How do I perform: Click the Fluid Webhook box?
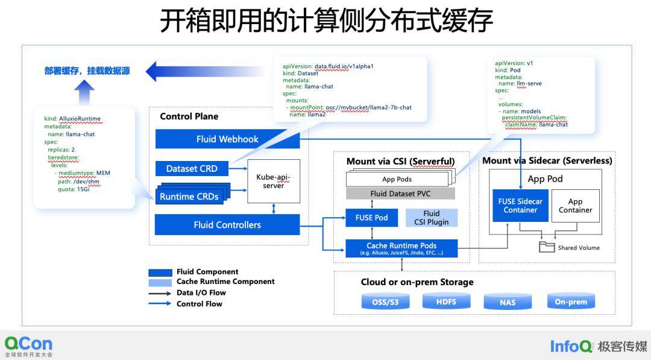(227, 139)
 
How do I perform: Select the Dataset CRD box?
(192, 169)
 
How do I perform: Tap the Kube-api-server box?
(274, 181)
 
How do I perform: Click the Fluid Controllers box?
(227, 225)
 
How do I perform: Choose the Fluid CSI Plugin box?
(431, 218)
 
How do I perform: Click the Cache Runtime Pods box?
(401, 248)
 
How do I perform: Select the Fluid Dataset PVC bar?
(400, 194)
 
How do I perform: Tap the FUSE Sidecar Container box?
(520, 206)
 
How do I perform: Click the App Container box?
(575, 206)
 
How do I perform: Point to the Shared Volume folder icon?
(547, 247)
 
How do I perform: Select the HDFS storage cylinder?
(447, 302)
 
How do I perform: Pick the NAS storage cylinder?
(508, 302)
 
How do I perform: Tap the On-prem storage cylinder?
(570, 302)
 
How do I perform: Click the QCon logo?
(28, 346)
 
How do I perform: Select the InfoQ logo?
(571, 346)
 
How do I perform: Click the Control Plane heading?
(189, 116)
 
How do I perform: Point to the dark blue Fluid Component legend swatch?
(160, 272)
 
